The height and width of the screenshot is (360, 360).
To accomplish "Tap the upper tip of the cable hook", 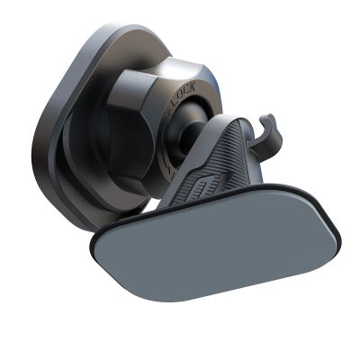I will (266, 117).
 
